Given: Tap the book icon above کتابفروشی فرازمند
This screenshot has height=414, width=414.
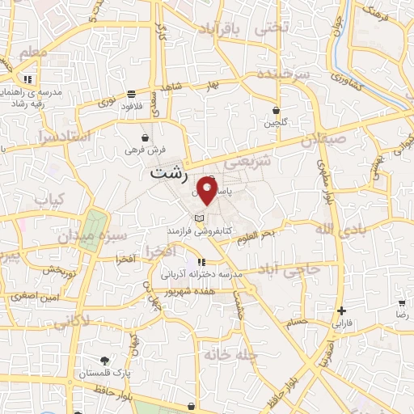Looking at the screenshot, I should click(199, 218).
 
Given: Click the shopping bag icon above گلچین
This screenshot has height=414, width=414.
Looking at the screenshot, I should click(276, 110).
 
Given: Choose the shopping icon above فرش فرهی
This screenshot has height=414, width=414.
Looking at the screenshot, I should click(145, 137).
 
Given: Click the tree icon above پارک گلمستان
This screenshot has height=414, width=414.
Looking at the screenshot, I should click(103, 361).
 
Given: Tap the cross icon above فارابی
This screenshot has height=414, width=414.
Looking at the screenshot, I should click(342, 310).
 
